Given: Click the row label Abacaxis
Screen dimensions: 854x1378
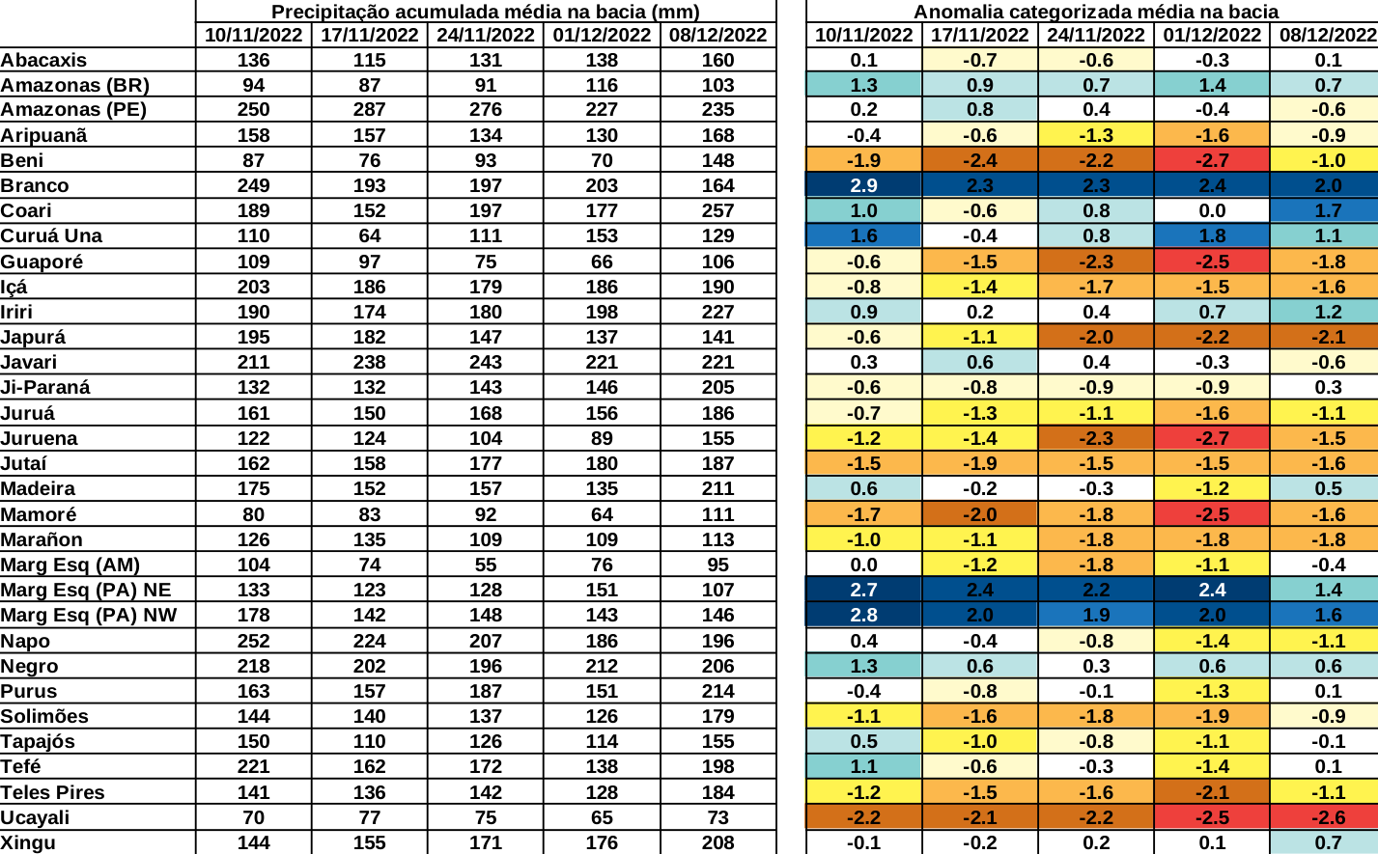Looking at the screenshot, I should [x=43, y=60].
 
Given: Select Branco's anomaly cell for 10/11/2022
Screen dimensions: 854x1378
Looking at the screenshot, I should [x=863, y=185].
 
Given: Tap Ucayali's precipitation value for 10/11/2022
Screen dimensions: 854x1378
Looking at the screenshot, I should [x=253, y=817].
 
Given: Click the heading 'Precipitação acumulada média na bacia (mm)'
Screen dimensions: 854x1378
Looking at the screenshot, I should [x=485, y=12].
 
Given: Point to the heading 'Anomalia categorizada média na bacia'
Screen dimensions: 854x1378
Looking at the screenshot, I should [x=1096, y=12].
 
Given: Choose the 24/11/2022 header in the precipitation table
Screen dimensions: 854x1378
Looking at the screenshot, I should [x=485, y=35].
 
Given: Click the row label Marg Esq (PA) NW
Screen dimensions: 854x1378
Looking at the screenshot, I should [x=89, y=615].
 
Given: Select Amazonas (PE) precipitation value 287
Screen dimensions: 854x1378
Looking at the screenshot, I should [x=369, y=109].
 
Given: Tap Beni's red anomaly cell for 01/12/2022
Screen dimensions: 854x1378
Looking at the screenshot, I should [x=1212, y=160].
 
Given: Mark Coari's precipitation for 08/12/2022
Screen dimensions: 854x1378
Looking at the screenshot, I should [x=717, y=210].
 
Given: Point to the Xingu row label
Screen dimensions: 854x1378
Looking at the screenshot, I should [x=28, y=842].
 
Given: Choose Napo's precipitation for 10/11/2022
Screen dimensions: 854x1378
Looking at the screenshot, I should [x=253, y=641].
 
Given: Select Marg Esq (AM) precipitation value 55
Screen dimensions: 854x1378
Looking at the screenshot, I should [x=485, y=565].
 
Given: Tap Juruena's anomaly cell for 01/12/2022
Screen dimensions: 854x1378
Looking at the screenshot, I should [x=1212, y=438].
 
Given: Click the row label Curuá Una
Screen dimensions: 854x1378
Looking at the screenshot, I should [x=51, y=235].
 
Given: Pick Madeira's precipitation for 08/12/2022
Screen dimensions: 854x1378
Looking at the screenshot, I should [x=717, y=488].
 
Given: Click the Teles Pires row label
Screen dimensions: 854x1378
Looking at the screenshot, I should [x=53, y=792].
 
